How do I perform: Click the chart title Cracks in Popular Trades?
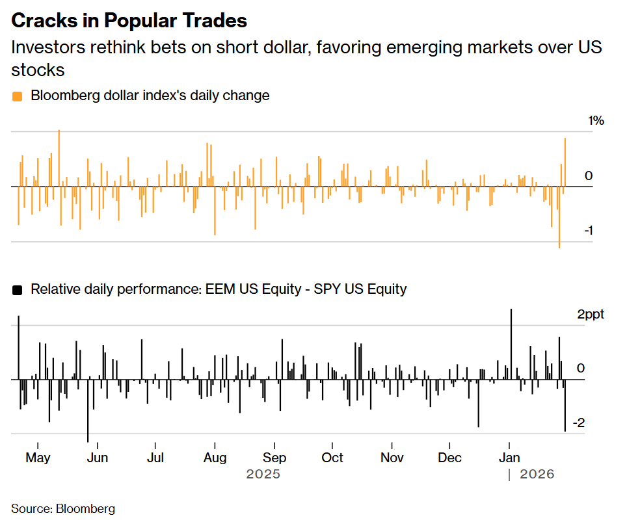[x=129, y=20]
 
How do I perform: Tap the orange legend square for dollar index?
[x=17, y=96]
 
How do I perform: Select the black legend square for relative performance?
[x=17, y=290]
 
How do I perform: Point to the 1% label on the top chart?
[x=596, y=121]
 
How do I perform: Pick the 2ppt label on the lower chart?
[x=590, y=315]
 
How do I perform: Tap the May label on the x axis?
[x=38, y=458]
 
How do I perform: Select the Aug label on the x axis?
[x=215, y=458]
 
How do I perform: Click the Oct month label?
[x=332, y=458]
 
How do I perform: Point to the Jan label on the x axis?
[x=509, y=458]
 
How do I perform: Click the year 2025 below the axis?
[x=263, y=475]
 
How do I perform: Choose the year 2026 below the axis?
[x=537, y=475]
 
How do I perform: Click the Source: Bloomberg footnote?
[x=63, y=508]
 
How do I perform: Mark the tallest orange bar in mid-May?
[x=59, y=156]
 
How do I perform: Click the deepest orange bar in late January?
[x=559, y=218]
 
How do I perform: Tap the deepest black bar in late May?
[x=88, y=410]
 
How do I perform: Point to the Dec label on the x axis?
[x=450, y=458]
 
